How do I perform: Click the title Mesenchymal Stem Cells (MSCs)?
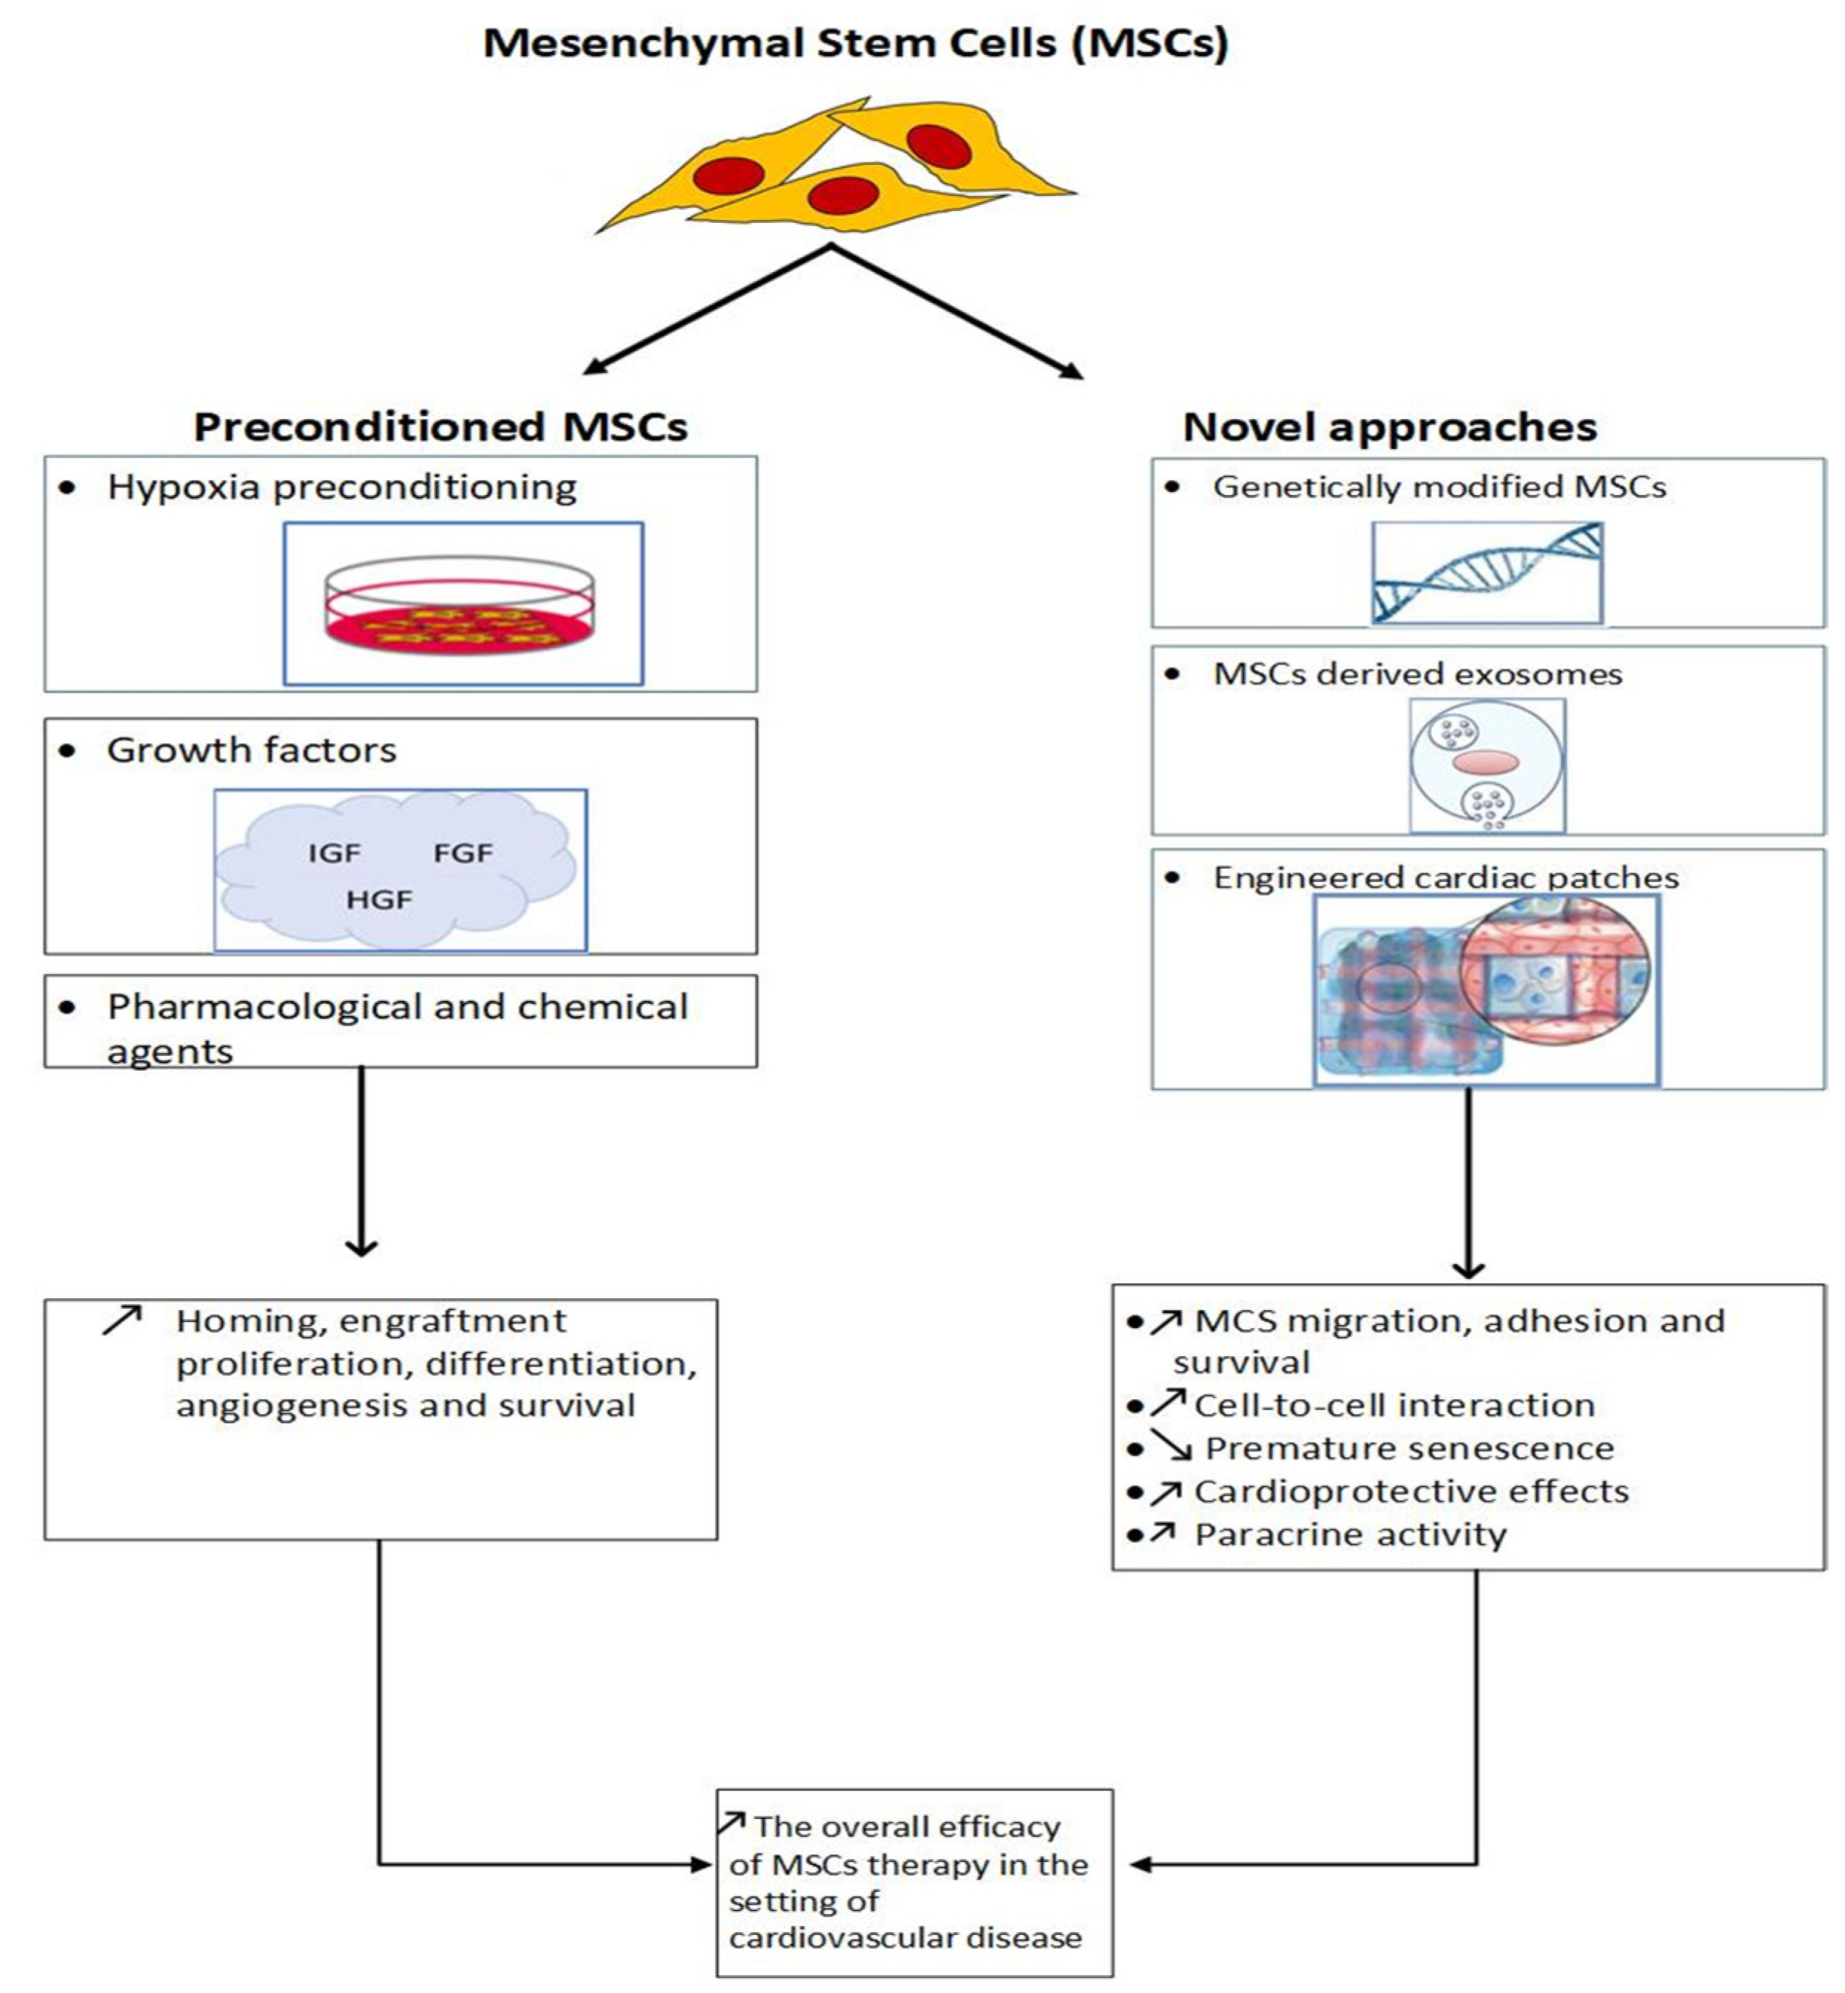[855, 43]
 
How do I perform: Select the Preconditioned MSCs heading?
[441, 427]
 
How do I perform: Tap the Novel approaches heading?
[1390, 427]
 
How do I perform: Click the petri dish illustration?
[459, 605]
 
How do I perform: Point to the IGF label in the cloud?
[334, 854]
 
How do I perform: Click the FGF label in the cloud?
[463, 854]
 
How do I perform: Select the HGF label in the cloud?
[380, 901]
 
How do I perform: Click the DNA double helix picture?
[1488, 573]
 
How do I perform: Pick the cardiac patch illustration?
[1487, 990]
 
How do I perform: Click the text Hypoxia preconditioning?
[342, 488]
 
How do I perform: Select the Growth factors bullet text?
[252, 750]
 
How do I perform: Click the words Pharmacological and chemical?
[398, 1008]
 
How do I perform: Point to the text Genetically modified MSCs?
[1439, 487]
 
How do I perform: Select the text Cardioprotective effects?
[1412, 1491]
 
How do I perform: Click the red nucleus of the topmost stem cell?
[938, 146]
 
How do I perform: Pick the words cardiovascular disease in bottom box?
[904, 1938]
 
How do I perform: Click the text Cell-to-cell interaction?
[1395, 1406]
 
